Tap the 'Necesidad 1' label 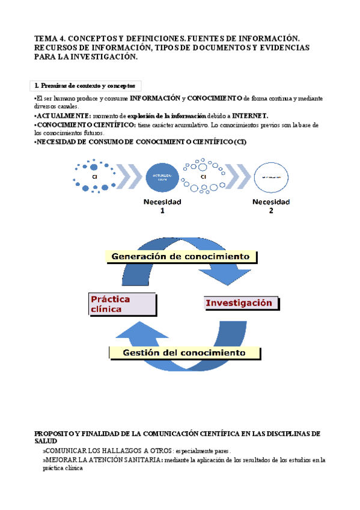162,206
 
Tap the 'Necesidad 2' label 270,206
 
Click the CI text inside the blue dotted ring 94,177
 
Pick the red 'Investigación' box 239,303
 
